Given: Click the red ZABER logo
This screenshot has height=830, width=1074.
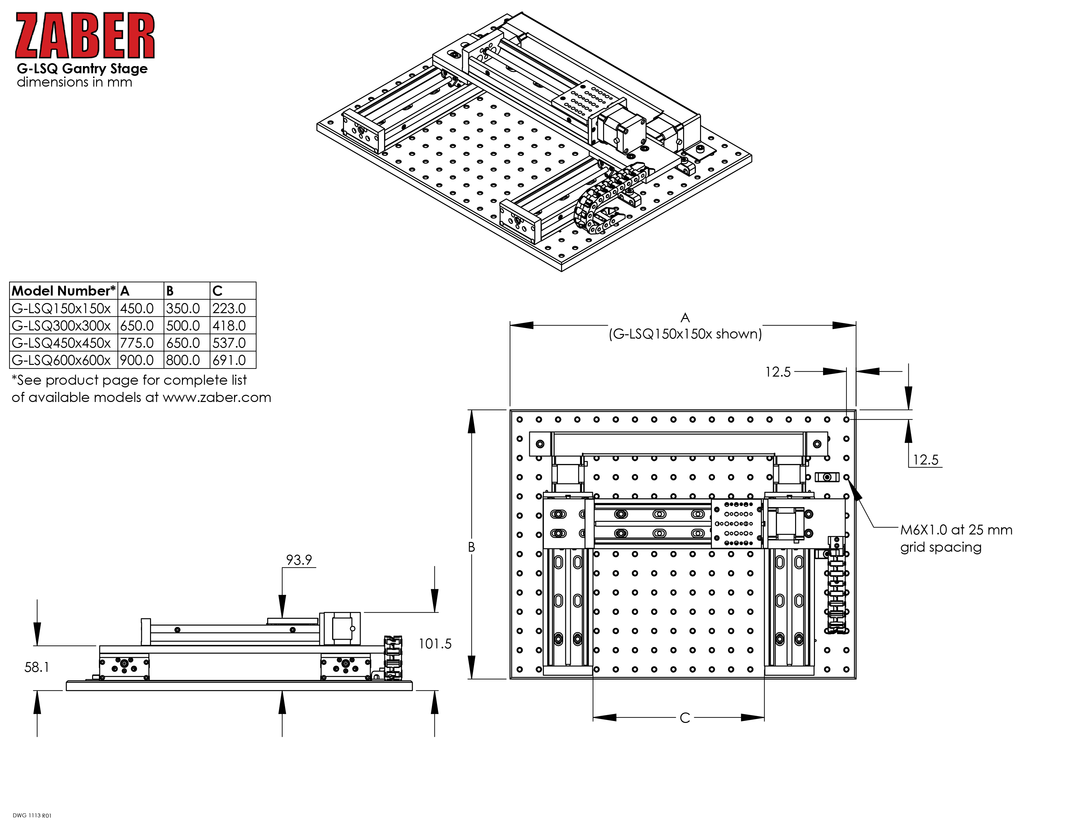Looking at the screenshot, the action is (85, 36).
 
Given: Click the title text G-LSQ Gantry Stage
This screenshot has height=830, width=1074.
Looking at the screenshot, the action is (82, 68).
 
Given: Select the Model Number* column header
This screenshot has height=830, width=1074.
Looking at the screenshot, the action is (64, 291).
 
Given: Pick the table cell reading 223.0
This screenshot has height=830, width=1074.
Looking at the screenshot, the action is (229, 308).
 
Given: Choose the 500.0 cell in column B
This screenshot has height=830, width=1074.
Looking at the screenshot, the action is (183, 325).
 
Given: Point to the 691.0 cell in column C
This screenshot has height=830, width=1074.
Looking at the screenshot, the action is (229, 360).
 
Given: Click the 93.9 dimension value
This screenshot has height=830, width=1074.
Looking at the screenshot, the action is (299, 560).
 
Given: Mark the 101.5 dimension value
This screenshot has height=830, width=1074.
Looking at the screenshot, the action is (435, 643).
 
